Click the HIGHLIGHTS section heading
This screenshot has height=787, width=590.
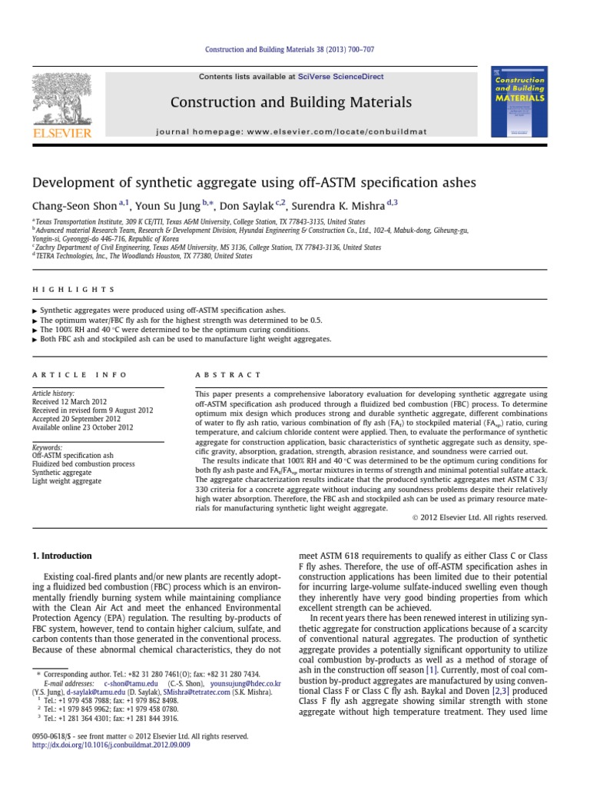coord(73,290)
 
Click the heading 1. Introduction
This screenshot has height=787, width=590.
coord(61,556)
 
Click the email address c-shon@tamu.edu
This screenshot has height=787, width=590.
coord(131,682)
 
